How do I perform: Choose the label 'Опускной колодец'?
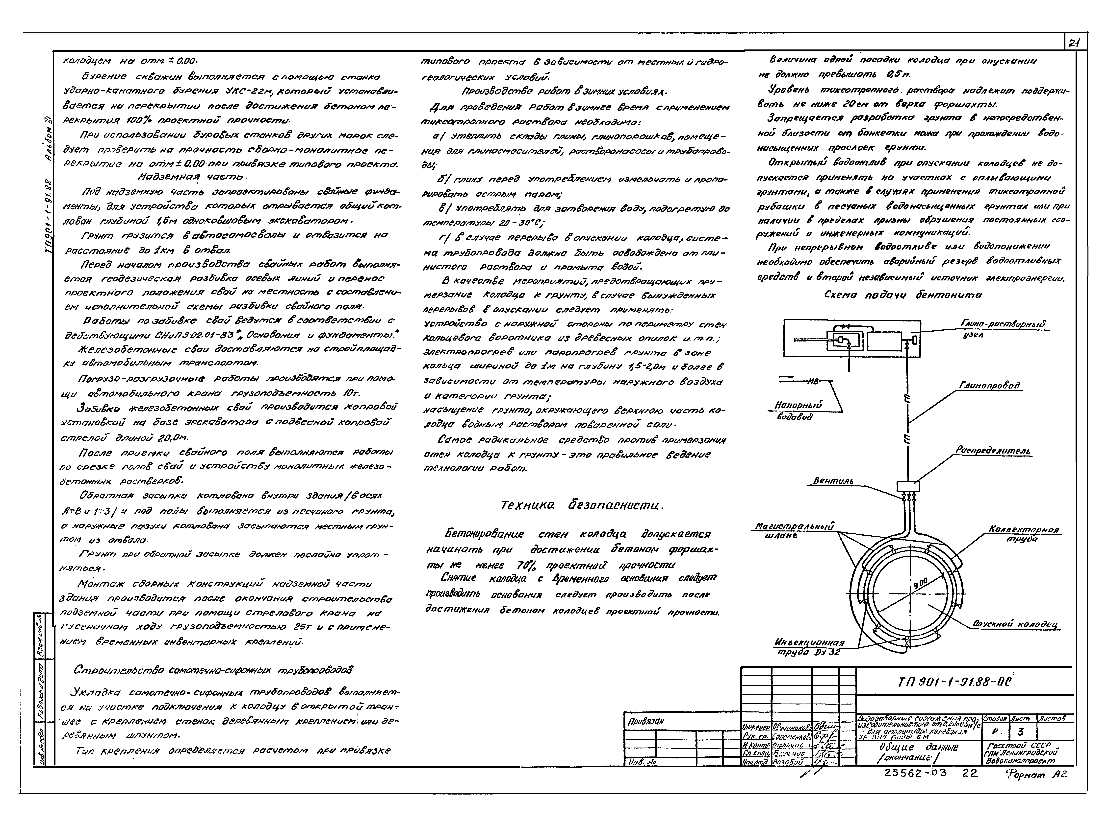pyautogui.click(x=1014, y=624)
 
